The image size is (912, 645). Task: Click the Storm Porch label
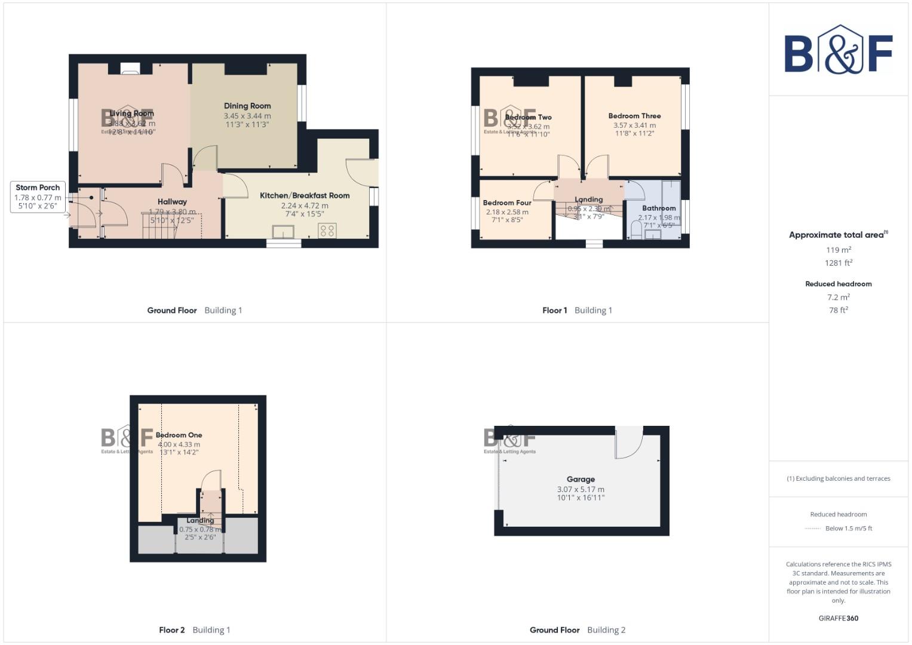coord(38,188)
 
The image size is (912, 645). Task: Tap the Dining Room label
coord(247,106)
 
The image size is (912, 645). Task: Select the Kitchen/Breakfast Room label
coord(305,195)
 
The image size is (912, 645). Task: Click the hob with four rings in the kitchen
coord(327,230)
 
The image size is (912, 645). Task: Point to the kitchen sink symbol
coord(282,231)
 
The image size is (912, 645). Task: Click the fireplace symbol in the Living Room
coord(130,69)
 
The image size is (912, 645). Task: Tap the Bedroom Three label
coord(634,116)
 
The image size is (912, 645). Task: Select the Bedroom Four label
coord(507,203)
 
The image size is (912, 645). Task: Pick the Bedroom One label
coord(179,435)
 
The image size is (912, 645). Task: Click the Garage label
coord(581,479)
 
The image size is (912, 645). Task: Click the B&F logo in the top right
coord(838,50)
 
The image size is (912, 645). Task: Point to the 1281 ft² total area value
coord(839,263)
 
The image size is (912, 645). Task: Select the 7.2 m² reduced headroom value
coord(839,297)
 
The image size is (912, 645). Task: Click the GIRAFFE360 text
coord(838,618)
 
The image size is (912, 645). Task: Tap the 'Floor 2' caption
coord(172,630)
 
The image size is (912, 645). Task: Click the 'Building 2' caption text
coord(606,630)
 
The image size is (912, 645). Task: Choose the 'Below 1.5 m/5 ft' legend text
coord(849,529)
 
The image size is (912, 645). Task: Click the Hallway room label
coord(172,202)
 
